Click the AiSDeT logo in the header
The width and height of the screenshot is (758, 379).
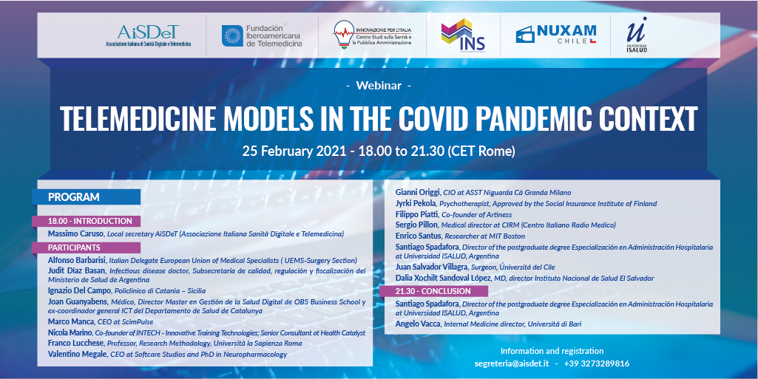coord(149,35)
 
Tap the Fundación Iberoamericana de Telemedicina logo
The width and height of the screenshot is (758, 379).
coord(262,35)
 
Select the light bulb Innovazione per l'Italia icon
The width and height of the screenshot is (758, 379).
coord(343,34)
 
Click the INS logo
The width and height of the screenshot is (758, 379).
coord(463,35)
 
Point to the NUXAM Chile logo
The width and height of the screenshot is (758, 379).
coord(556,34)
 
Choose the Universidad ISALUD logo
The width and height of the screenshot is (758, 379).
coord(636,35)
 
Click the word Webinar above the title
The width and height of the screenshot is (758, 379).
coord(379,86)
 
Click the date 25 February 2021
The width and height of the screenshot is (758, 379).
coord(294,151)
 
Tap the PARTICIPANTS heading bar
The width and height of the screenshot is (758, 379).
coord(86,247)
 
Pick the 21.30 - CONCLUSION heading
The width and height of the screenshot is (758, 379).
coord(433,291)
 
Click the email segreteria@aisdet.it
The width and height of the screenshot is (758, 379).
coord(512,363)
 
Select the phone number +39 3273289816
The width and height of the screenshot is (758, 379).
coord(597,363)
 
